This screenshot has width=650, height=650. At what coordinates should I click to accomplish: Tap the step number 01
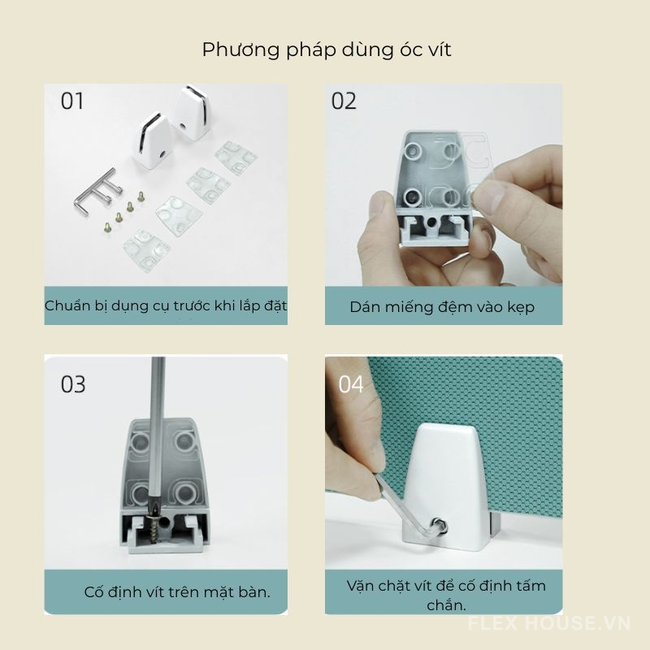pyautogui.click(x=73, y=102)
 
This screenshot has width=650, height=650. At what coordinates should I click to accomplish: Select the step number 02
pyautogui.click(x=344, y=102)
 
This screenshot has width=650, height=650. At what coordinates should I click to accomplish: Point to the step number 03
pyautogui.click(x=73, y=384)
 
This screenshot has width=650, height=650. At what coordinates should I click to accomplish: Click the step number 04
pyautogui.click(x=351, y=384)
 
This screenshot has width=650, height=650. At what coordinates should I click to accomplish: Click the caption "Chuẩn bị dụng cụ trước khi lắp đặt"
pyautogui.click(x=166, y=306)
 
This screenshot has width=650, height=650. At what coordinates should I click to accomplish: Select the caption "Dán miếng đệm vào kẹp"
pyautogui.click(x=442, y=307)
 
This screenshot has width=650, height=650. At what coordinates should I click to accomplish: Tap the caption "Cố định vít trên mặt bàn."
pyautogui.click(x=177, y=591)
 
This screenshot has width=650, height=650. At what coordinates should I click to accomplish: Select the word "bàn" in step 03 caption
pyautogui.click(x=253, y=591)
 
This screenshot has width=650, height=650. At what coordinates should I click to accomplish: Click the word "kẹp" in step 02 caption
pyautogui.click(x=518, y=308)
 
